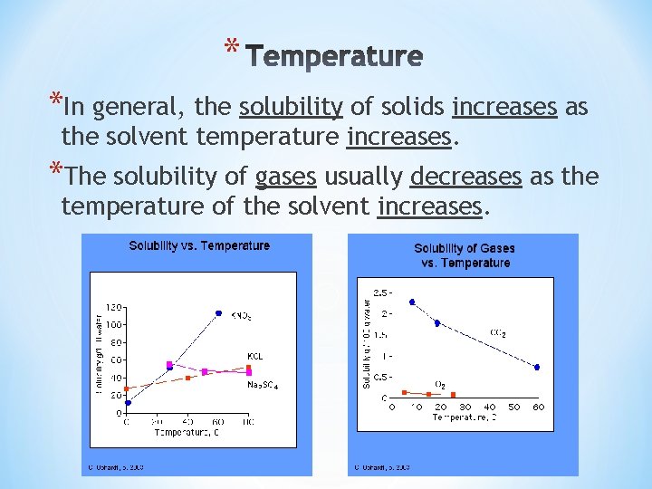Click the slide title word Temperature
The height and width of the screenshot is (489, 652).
pyautogui.click(x=334, y=58)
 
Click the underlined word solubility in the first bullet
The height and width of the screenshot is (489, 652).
pyautogui.click(x=291, y=108)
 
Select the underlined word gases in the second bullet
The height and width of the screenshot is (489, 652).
pyautogui.click(x=285, y=176)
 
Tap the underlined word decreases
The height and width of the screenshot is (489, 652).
pyautogui.click(x=466, y=176)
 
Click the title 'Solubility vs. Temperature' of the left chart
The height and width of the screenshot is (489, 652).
pyautogui.click(x=199, y=245)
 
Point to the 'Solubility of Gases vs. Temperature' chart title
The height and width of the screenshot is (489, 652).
pyautogui.click(x=465, y=255)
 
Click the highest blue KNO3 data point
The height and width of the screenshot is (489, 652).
pyautogui.click(x=218, y=313)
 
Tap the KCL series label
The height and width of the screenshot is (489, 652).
pyautogui.click(x=255, y=356)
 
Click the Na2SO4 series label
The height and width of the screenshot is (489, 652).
pyautogui.click(x=263, y=385)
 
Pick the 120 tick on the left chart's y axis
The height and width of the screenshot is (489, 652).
pyautogui.click(x=114, y=306)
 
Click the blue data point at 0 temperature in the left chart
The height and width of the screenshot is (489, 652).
pyautogui.click(x=128, y=403)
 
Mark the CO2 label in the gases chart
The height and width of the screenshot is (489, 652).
pyautogui.click(x=497, y=333)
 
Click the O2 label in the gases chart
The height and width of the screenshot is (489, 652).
pyautogui.click(x=440, y=385)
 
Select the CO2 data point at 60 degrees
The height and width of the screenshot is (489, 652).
pyautogui.click(x=536, y=367)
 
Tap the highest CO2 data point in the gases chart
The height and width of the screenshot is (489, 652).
pyautogui.click(x=412, y=302)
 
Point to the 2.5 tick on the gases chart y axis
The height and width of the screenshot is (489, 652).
pyautogui.click(x=381, y=292)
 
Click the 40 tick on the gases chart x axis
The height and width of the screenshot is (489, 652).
pyautogui.click(x=489, y=407)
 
